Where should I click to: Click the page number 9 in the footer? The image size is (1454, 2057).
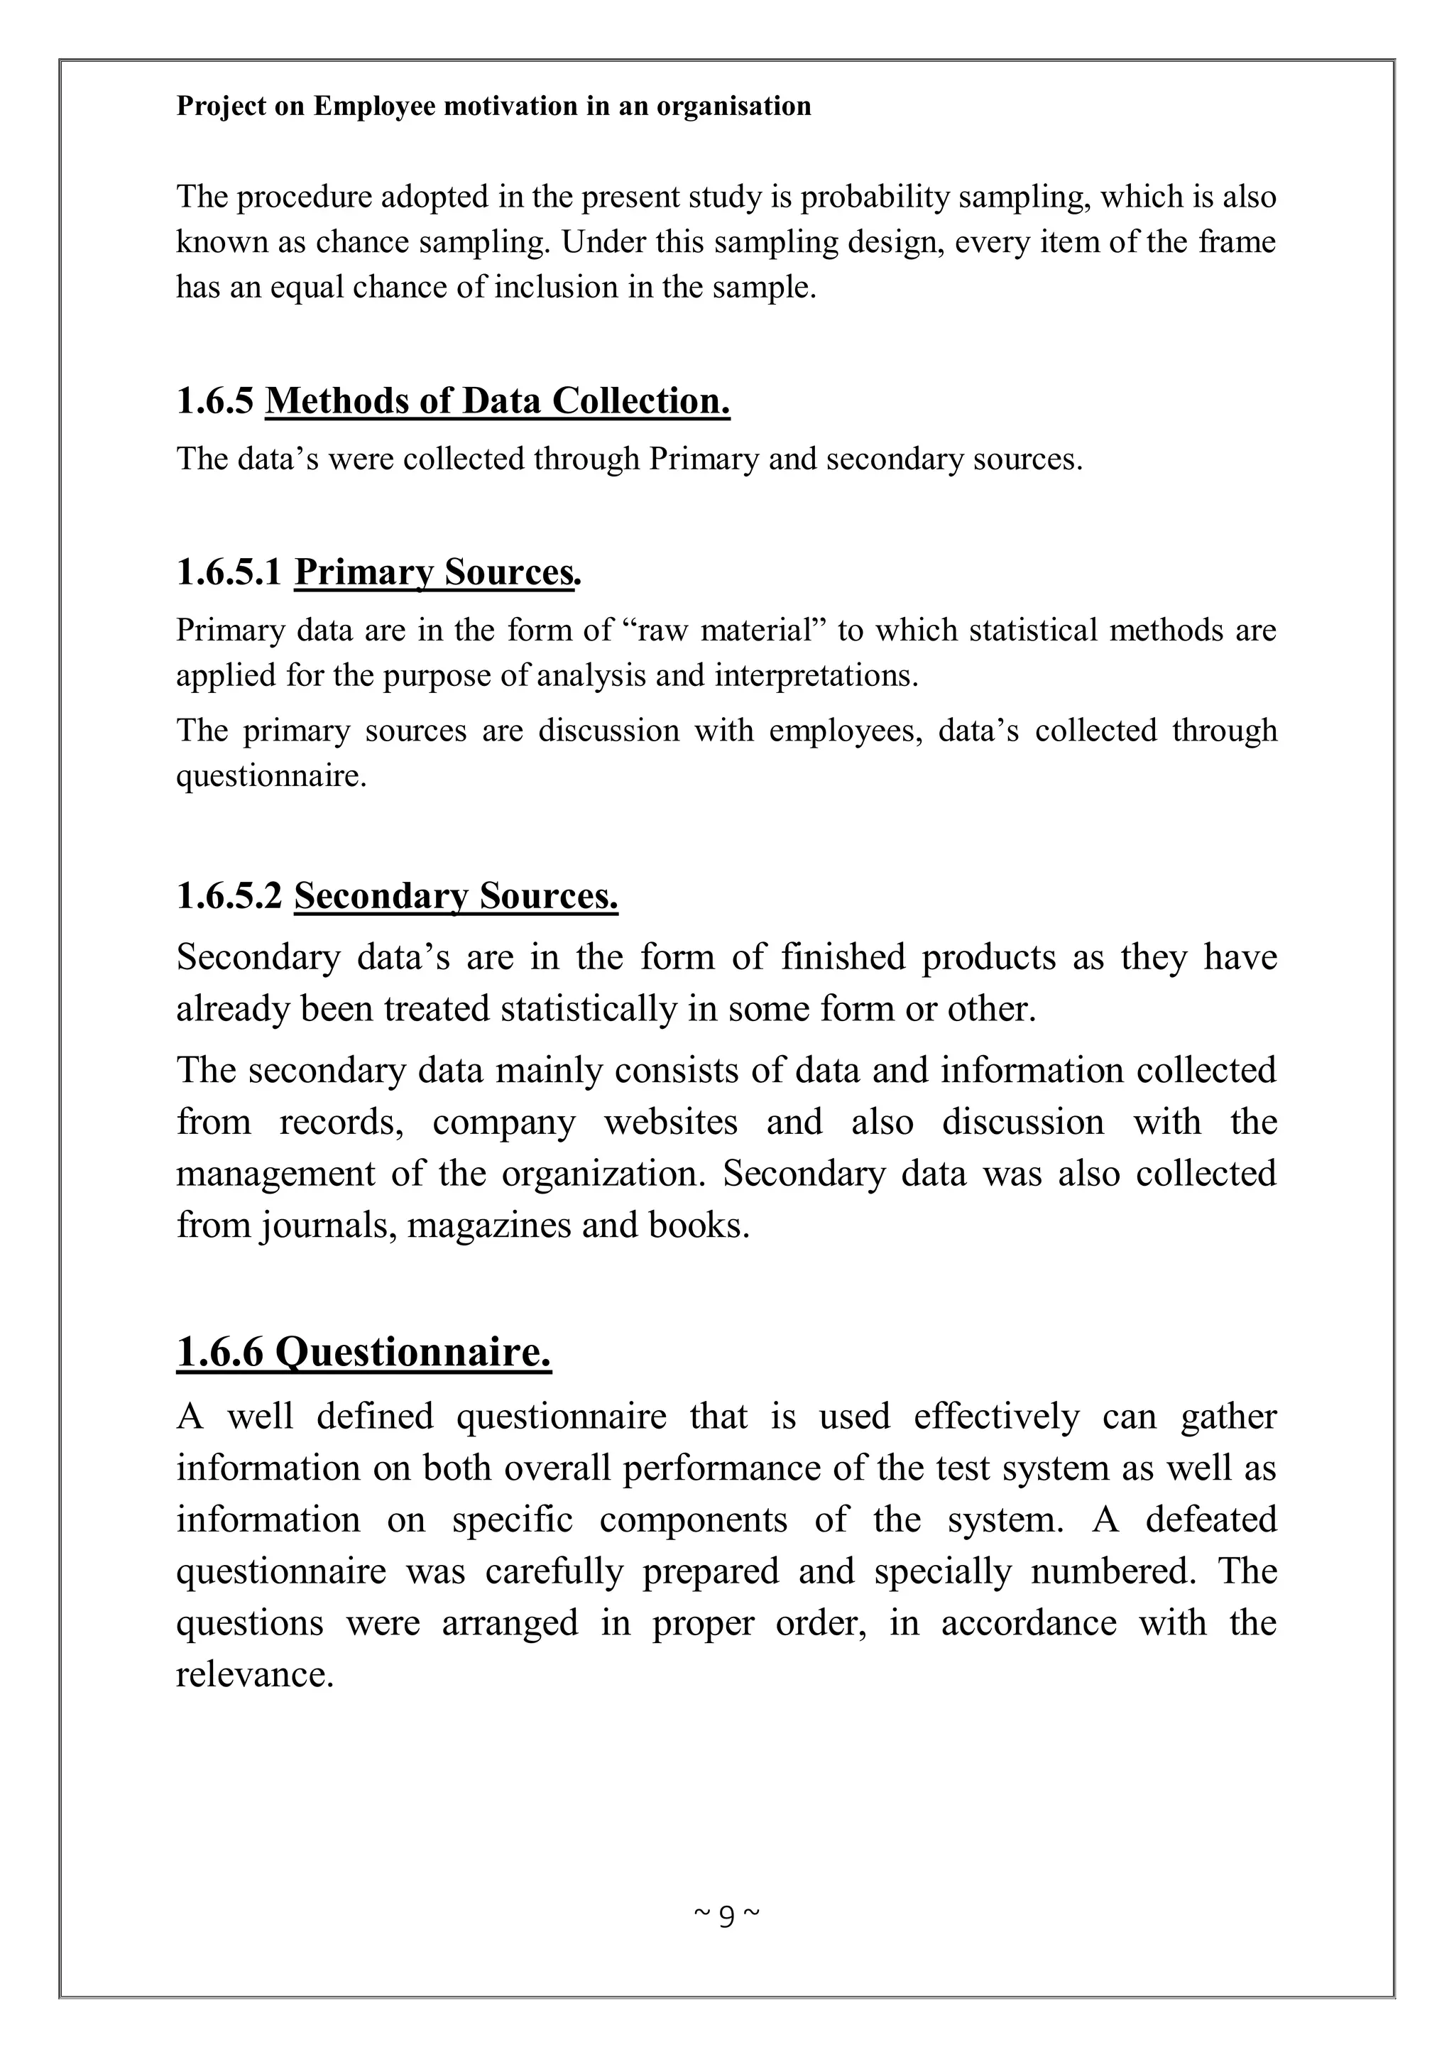[726, 1914]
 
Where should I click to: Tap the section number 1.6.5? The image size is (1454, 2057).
[215, 400]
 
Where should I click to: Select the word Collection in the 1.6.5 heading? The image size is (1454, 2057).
[640, 400]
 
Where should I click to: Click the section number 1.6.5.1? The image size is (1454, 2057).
[229, 572]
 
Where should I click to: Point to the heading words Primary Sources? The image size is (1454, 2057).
[437, 572]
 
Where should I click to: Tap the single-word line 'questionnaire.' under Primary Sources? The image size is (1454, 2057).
[271, 775]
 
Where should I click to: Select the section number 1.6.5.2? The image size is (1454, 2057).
[229, 895]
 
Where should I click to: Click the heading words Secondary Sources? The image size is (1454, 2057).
[455, 895]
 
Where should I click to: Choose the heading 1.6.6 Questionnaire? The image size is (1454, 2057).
[363, 1351]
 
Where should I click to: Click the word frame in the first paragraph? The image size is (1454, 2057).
[1237, 242]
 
